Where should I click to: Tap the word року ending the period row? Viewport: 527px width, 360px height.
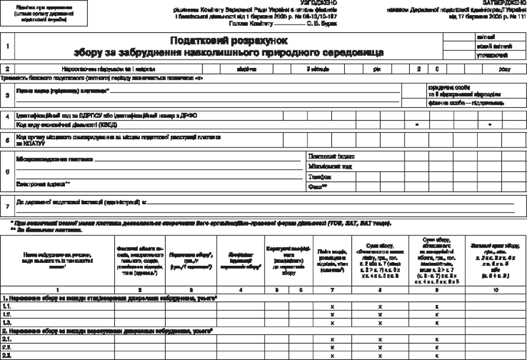504,69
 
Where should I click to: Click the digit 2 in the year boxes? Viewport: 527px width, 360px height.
419,69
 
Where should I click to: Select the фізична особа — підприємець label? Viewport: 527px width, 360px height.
466,103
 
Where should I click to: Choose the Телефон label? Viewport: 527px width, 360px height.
320,176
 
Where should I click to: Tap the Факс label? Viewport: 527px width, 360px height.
317,186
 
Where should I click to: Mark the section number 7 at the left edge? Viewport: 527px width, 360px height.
7,206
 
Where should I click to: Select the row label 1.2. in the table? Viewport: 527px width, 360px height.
7,314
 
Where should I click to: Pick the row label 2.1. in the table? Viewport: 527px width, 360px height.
7,339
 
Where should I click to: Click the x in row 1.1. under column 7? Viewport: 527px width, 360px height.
331,306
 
